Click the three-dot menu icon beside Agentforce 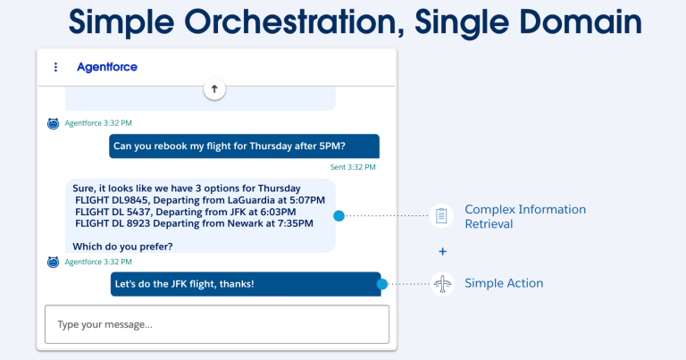[x=55, y=67]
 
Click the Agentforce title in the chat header [x=107, y=67]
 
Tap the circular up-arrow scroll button [x=214, y=88]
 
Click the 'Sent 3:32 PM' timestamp [x=353, y=167]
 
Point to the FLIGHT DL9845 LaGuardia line [x=200, y=200]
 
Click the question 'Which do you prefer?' [x=123, y=247]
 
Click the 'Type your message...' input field [x=217, y=324]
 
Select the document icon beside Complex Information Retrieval [x=442, y=216]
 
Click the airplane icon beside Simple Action [x=442, y=284]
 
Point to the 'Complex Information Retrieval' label [x=524, y=216]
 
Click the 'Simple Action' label [x=504, y=284]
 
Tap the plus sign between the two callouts [x=442, y=251]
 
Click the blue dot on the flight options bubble [x=339, y=216]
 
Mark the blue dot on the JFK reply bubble [x=381, y=284]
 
